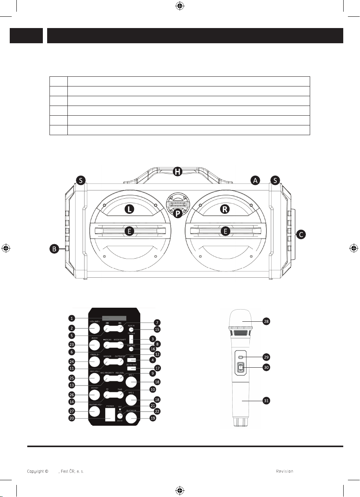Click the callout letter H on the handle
pyautogui.click(x=178, y=171)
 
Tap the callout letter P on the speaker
pyautogui.click(x=178, y=214)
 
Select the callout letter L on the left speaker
pyautogui.click(x=129, y=209)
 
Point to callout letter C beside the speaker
pyautogui.click(x=300, y=234)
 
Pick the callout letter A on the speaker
pyautogui.click(x=255, y=180)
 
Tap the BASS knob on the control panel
pyautogui.click(x=94, y=344)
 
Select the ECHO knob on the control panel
pyautogui.click(x=94, y=394)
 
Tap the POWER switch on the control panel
pyautogui.click(x=110, y=414)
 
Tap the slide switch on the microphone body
pyautogui.click(x=241, y=367)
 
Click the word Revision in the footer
pyautogui.click(x=284, y=471)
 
